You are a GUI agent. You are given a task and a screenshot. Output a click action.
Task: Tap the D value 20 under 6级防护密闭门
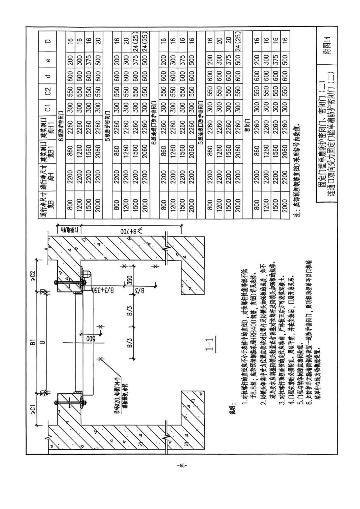click(98, 41)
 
